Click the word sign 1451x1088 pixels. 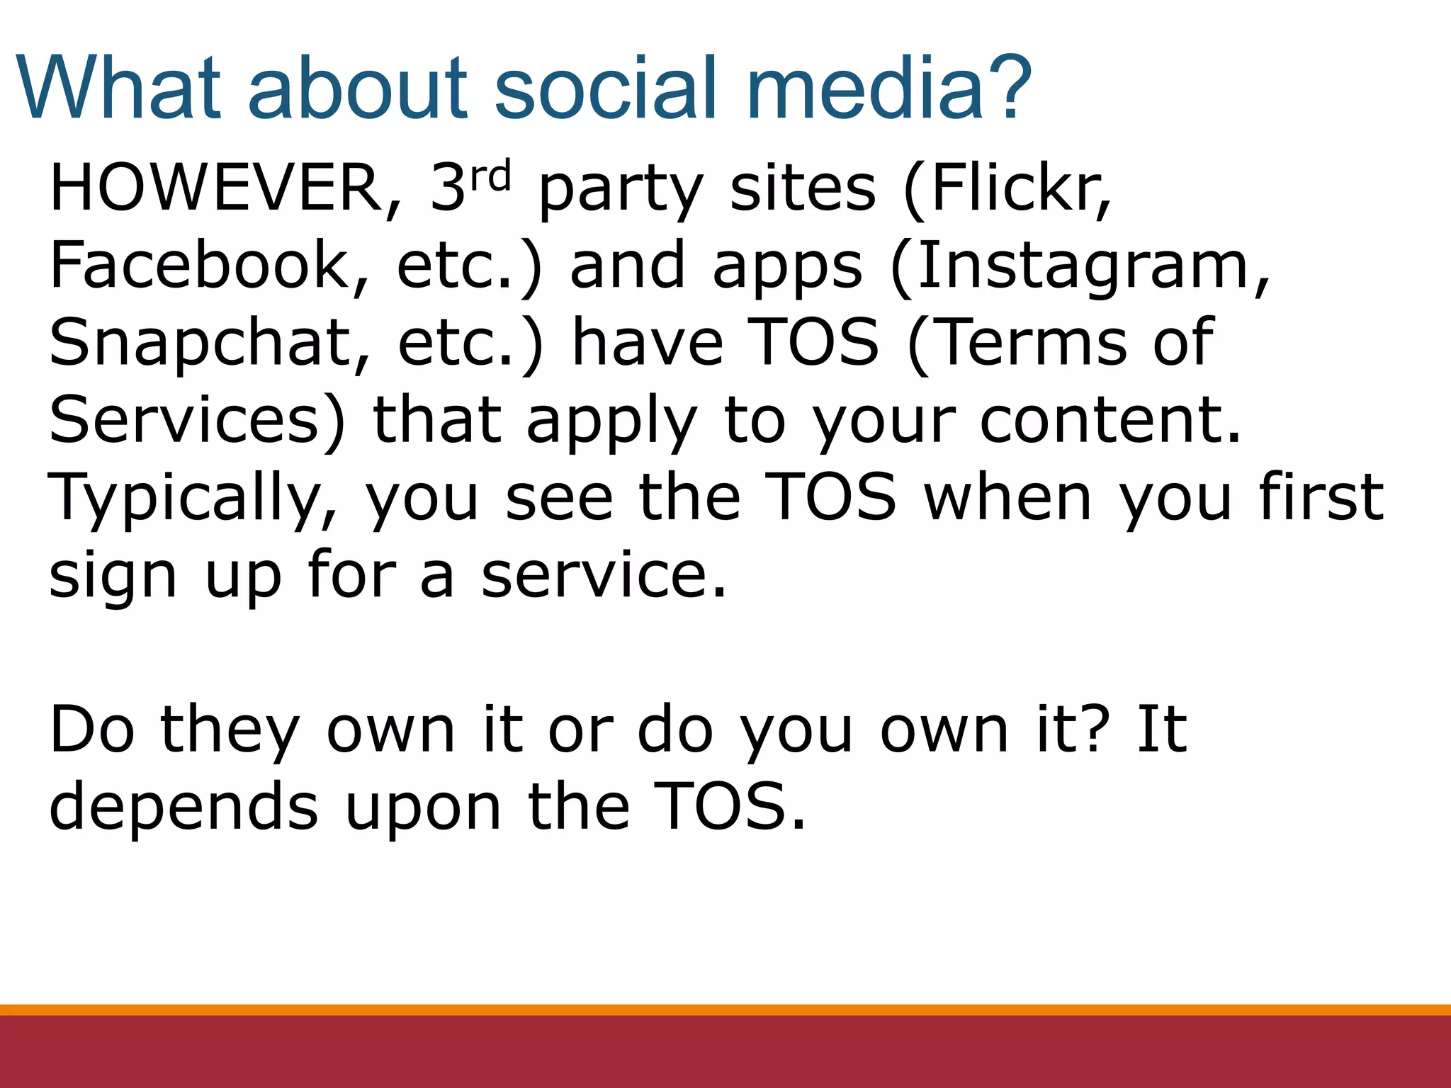click(x=112, y=577)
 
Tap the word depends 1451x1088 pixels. click(x=184, y=807)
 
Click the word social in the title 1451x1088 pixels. click(x=606, y=89)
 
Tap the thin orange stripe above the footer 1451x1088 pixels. click(x=725, y=1009)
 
